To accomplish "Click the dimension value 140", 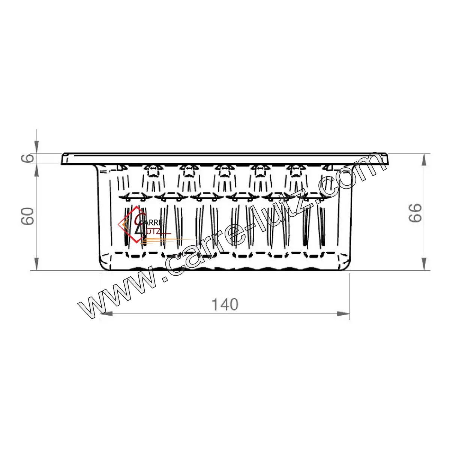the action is coord(225,304).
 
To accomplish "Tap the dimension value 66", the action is coord(416,213).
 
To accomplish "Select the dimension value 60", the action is coord(28,216).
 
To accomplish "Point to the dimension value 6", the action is coord(28,159).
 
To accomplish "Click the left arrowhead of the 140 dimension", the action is coord(106,313).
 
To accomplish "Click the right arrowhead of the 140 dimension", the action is coord(343,313).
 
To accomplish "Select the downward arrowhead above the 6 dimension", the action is coord(36,147).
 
